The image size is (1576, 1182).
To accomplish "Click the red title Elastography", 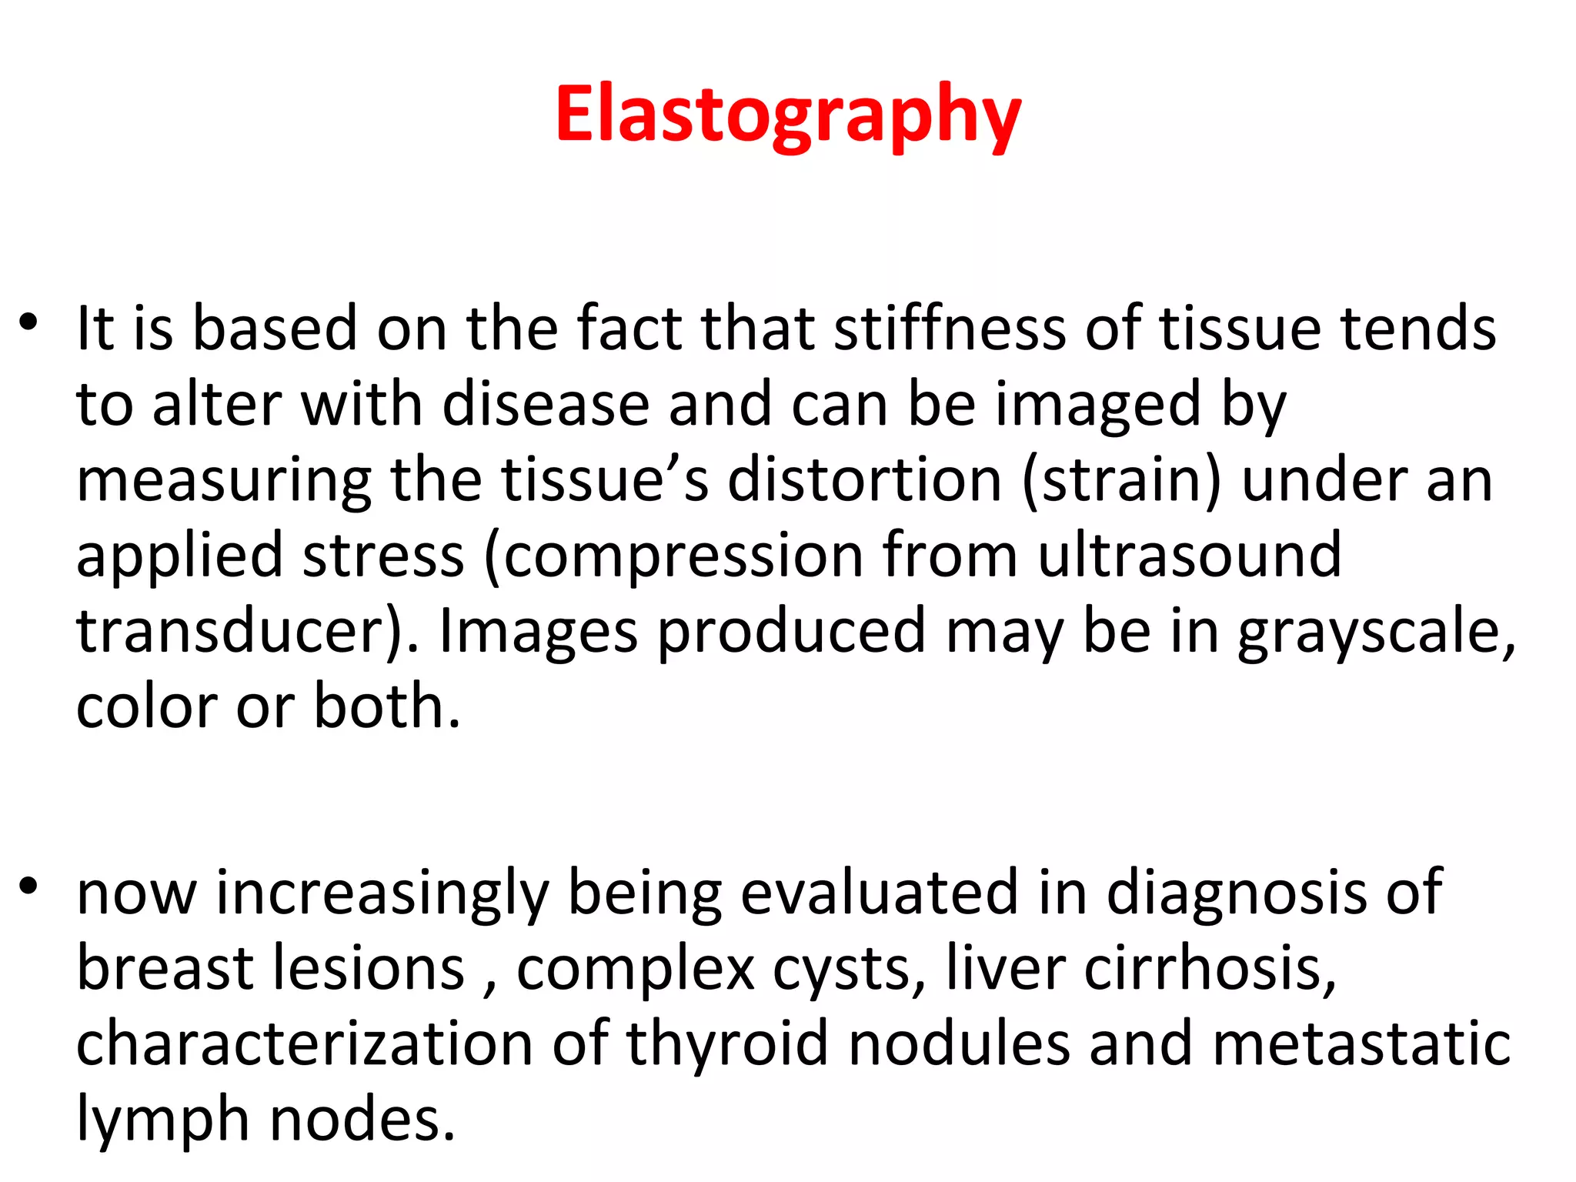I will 787,115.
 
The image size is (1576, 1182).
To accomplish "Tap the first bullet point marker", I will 28,322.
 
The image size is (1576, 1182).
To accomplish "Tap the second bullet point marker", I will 28,886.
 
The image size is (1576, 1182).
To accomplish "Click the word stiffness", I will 950,329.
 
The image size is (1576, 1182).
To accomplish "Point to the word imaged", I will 1097,406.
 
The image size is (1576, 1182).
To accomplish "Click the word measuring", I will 224,481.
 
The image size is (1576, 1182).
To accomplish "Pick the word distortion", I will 864,479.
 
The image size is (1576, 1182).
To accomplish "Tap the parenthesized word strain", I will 1121,481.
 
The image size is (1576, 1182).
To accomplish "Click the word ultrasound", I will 1189,555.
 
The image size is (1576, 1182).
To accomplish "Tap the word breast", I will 165,968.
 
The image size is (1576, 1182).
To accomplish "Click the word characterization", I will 305,1043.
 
